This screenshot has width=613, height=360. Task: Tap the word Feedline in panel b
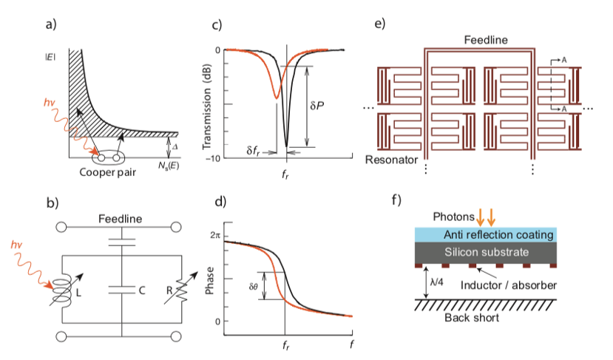pos(119,220)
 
